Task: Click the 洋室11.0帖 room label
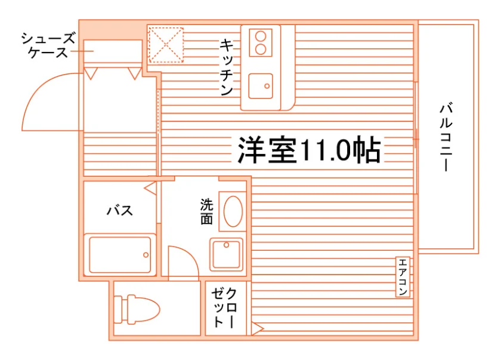tap(309, 150)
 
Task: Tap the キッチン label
tap(227, 67)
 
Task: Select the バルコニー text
tap(446, 137)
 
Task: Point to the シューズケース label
tap(48, 45)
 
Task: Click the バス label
tap(120, 211)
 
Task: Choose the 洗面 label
tap(207, 211)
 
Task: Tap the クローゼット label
tap(224, 307)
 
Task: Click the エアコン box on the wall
tap(403, 277)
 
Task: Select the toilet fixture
tap(137, 309)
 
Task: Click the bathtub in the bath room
tap(120, 255)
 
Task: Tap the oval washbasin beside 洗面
tap(233, 211)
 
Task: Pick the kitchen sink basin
tap(261, 86)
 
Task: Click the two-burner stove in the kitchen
tap(261, 43)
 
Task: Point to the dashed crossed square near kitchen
tap(166, 45)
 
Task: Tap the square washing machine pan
tap(226, 254)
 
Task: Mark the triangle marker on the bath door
tap(150, 188)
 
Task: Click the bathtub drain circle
tap(146, 255)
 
